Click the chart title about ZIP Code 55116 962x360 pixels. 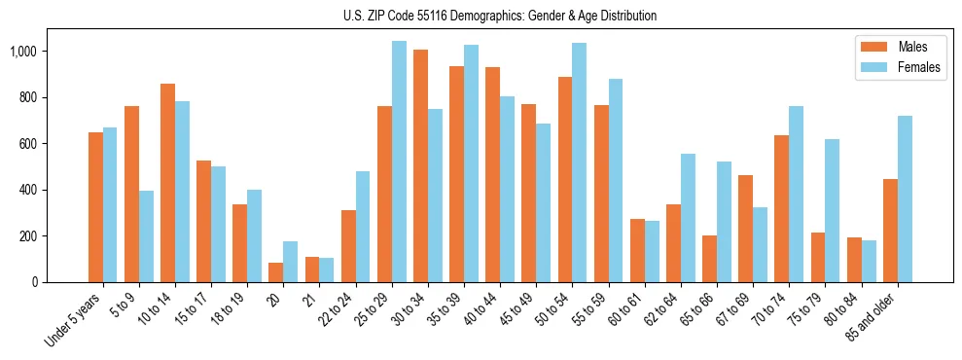coord(500,16)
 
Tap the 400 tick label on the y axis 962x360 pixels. coord(27,190)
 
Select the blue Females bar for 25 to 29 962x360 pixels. coord(399,162)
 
